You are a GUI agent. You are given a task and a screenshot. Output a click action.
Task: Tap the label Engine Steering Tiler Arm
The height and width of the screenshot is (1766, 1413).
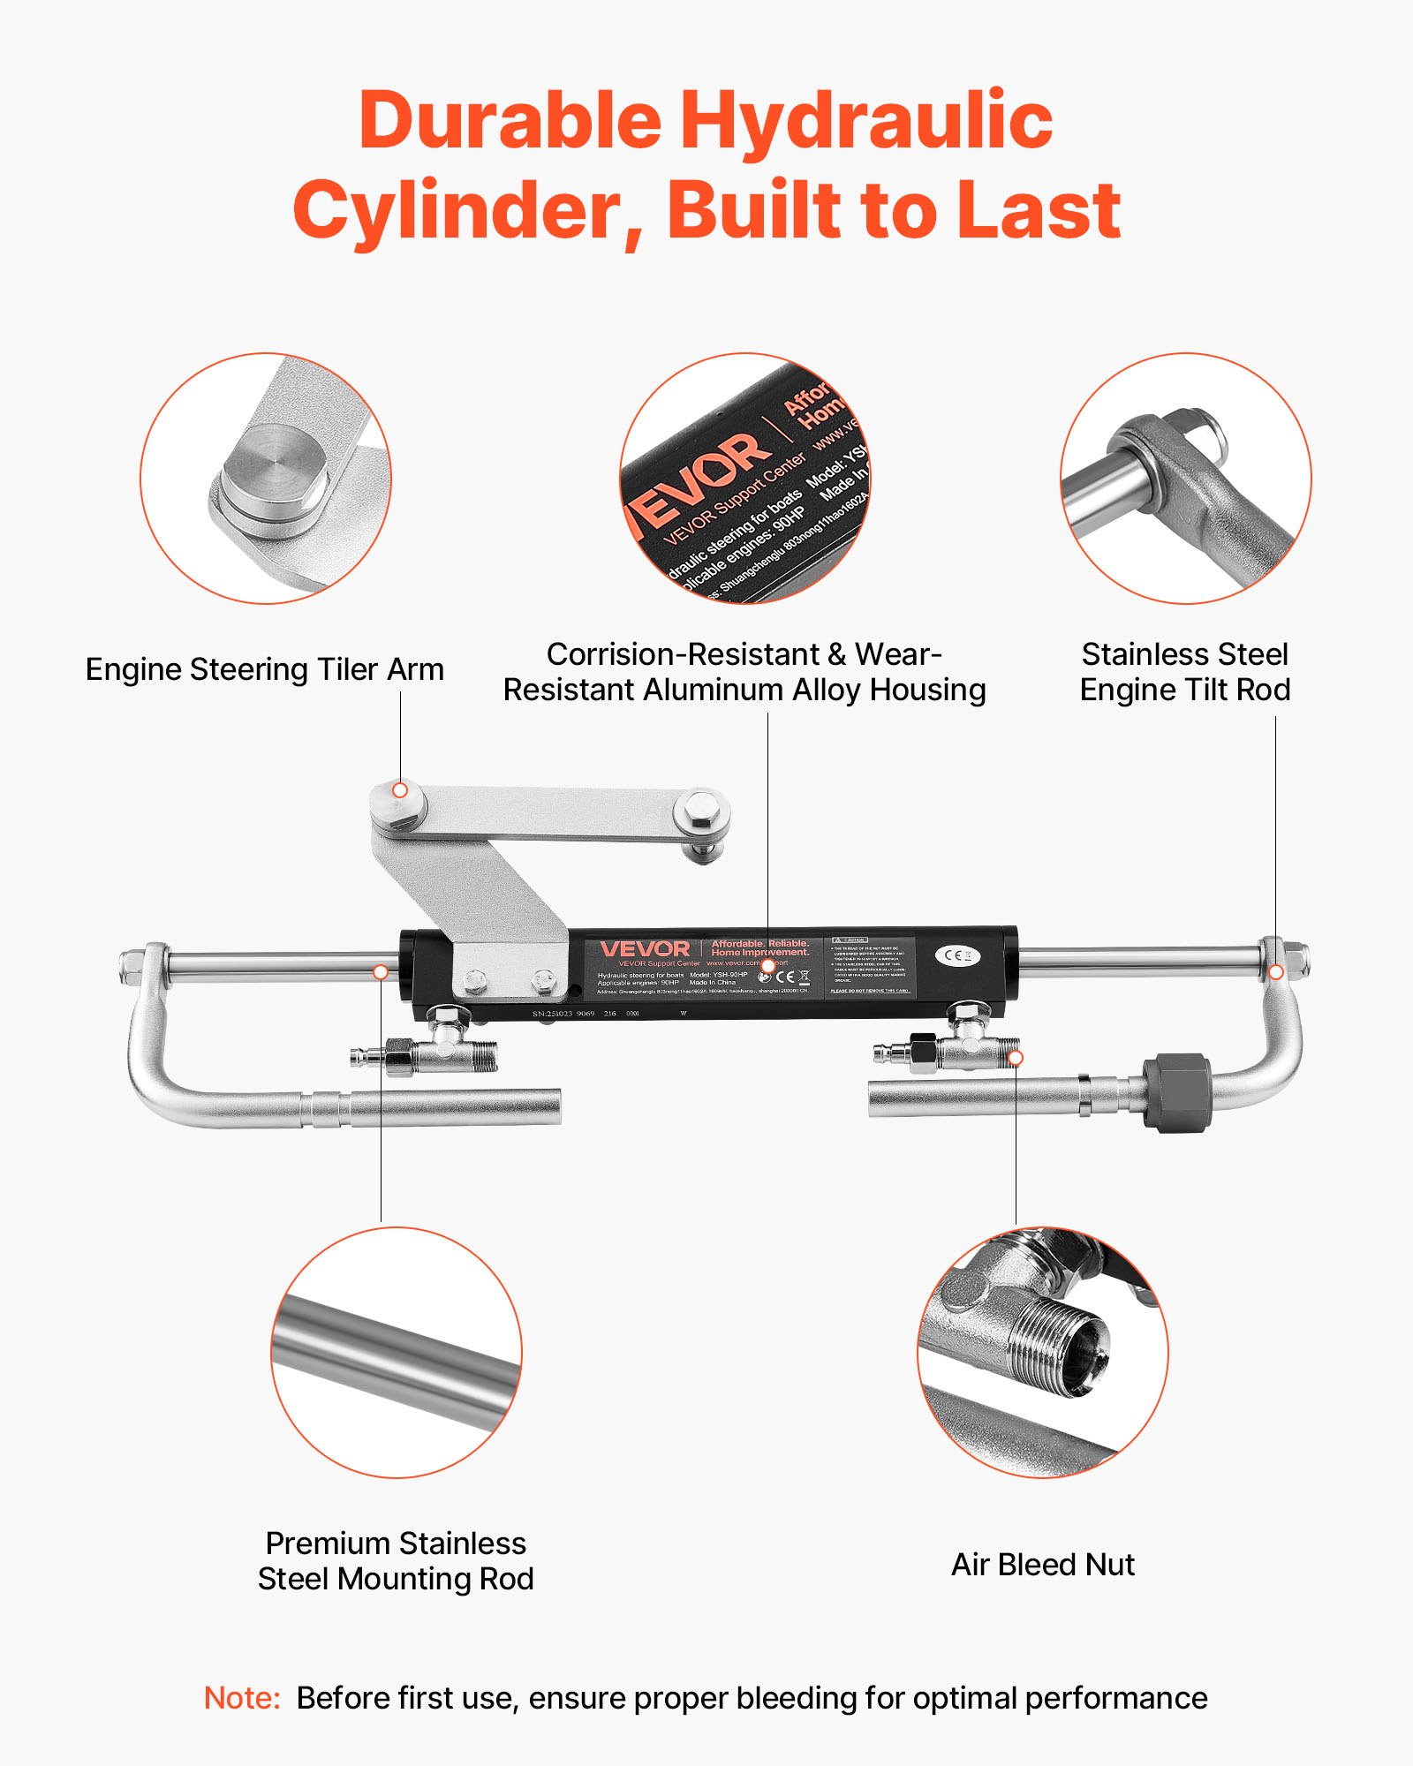click(x=264, y=669)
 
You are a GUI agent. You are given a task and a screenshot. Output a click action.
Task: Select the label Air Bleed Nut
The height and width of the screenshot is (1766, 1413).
click(x=1042, y=1565)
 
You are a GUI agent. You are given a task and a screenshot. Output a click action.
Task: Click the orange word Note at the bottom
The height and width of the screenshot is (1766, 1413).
click(x=241, y=1698)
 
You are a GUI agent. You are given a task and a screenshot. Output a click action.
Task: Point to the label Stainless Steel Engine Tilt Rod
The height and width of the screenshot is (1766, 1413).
click(x=1184, y=672)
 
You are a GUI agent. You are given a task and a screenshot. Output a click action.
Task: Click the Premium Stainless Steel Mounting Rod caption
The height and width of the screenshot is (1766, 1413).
click(x=396, y=1560)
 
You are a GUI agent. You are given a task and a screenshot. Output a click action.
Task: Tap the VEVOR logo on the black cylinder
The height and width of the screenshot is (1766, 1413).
click(x=645, y=949)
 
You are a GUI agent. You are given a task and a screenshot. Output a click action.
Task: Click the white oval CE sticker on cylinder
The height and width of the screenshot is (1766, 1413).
click(x=957, y=955)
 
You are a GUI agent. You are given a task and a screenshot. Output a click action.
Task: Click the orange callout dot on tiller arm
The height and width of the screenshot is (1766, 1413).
click(x=400, y=790)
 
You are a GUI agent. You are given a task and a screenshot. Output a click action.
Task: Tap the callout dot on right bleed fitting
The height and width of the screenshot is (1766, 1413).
click(x=1016, y=1057)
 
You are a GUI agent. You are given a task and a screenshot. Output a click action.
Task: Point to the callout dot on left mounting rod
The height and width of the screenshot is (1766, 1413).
click(x=381, y=971)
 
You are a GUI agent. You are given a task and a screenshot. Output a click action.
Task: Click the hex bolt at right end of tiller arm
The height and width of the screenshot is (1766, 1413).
click(x=701, y=809)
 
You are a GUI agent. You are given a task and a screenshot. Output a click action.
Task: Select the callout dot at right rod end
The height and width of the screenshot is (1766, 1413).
click(x=1276, y=971)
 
